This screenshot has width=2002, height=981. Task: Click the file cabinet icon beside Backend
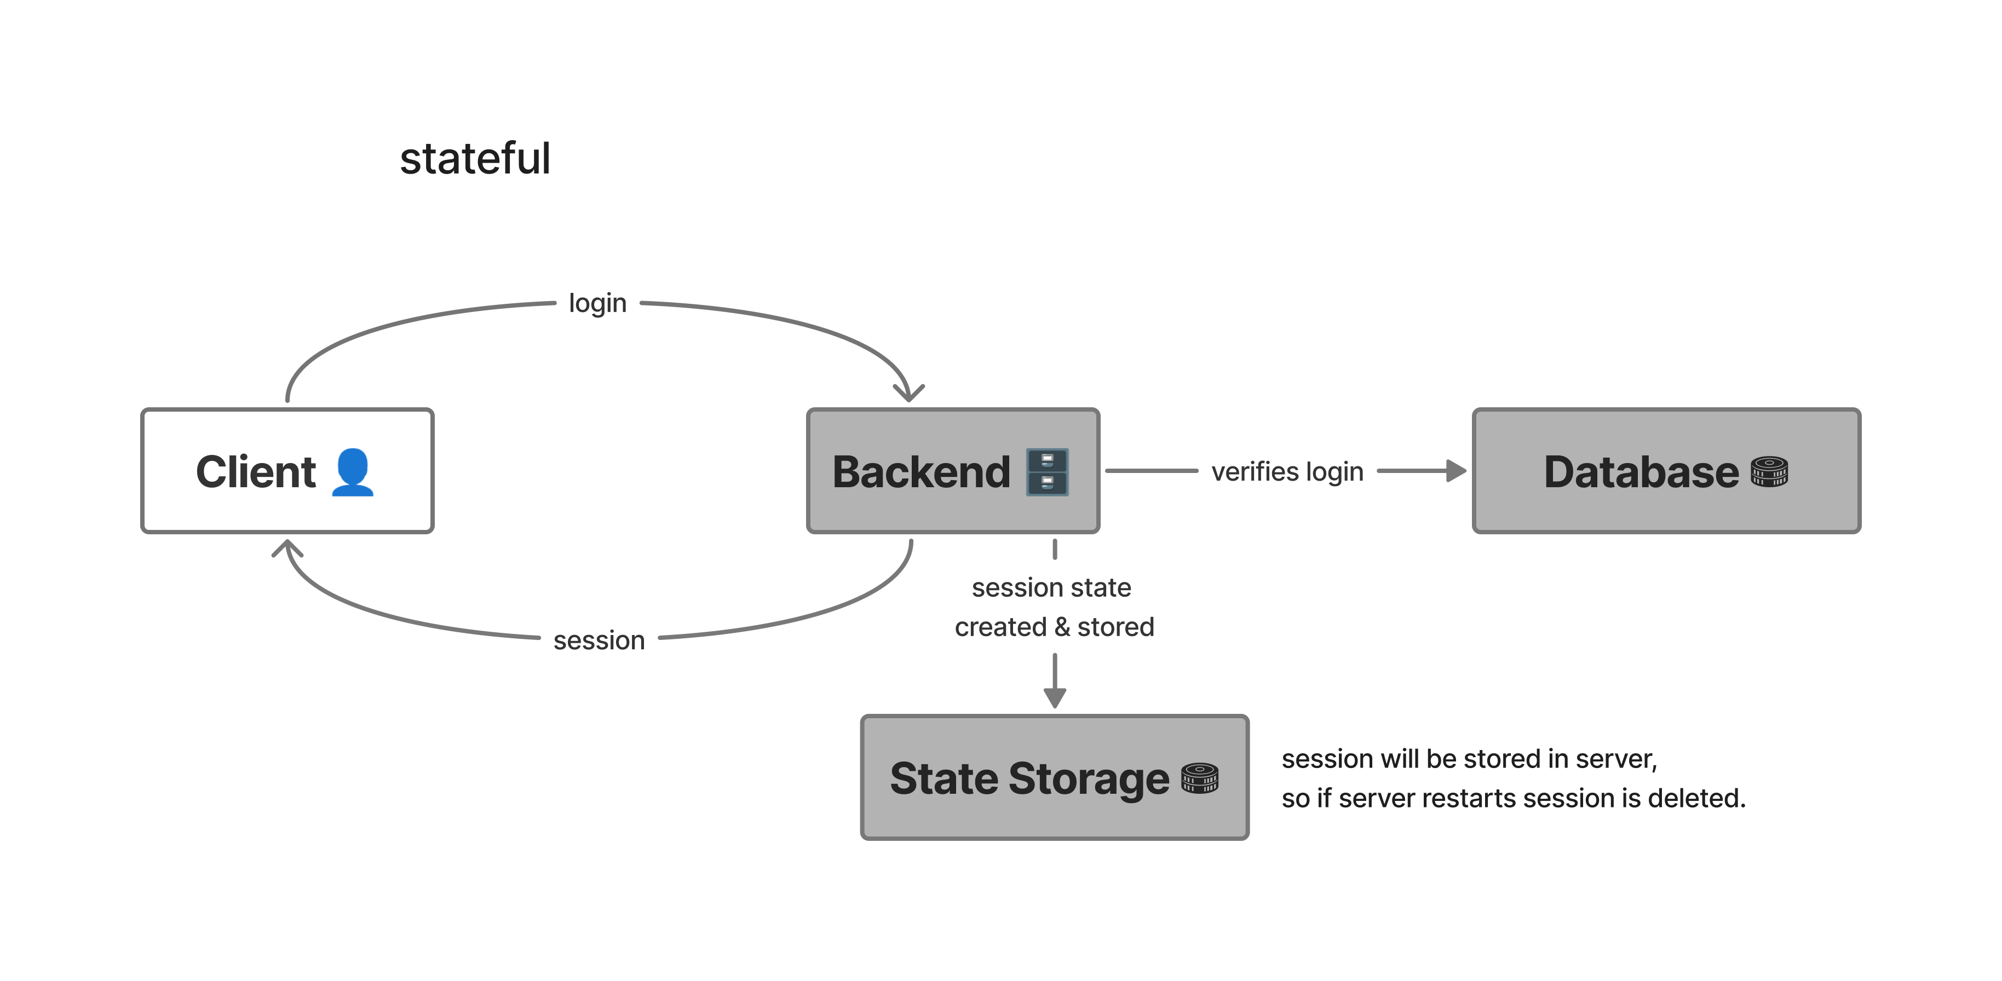[x=1047, y=471]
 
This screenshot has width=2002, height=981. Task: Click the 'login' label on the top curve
[x=597, y=303]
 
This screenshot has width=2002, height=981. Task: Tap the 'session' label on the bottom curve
[x=599, y=640]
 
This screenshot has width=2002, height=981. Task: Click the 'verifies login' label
[x=1287, y=471]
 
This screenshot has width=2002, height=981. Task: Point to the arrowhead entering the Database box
[x=1456, y=471]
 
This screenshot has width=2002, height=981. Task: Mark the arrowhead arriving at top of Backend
[x=908, y=393]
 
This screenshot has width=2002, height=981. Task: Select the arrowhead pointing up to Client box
[x=287, y=549]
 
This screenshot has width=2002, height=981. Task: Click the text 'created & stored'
[x=1054, y=627]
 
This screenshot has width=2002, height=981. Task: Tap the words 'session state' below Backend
[x=1051, y=587]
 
